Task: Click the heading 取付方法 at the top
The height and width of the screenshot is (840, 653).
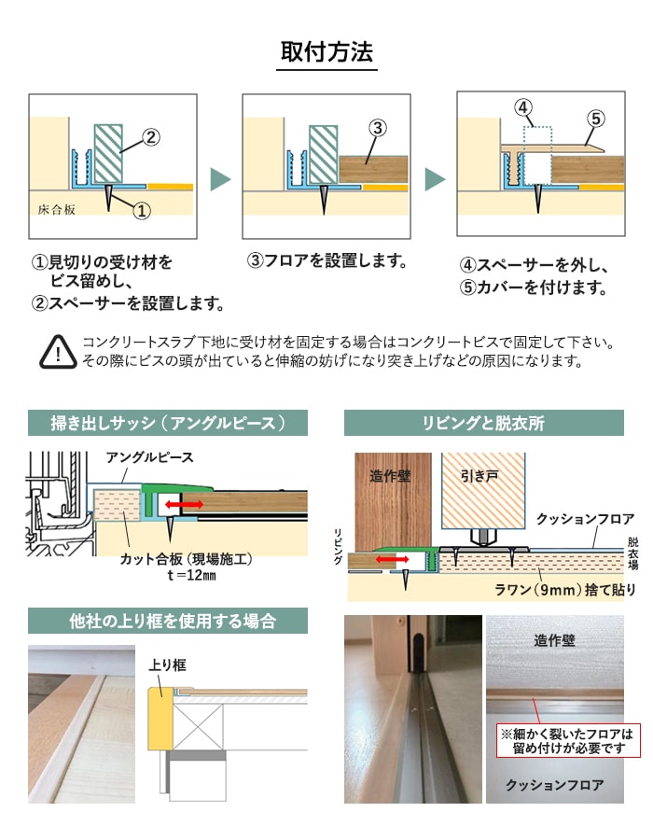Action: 327,50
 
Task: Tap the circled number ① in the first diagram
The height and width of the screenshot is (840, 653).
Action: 142,210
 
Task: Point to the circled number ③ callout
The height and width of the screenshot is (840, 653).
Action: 378,128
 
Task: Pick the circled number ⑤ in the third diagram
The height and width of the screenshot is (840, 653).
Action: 596,119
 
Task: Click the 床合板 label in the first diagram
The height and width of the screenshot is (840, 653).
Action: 58,209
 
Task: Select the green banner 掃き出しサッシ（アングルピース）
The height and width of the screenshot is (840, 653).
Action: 168,423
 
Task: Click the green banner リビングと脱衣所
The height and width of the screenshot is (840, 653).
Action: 483,423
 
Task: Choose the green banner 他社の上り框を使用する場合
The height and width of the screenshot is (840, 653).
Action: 168,621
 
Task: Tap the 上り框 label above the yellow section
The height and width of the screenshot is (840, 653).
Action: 168,665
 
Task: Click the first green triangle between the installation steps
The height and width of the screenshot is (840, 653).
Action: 220,179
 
